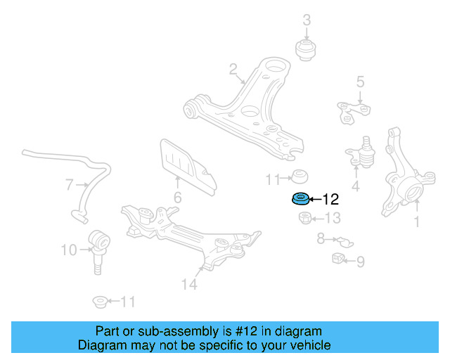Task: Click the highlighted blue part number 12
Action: click(300, 199)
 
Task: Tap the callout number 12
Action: click(330, 199)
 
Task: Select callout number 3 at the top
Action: click(307, 20)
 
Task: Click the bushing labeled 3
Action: click(307, 50)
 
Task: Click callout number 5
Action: click(360, 82)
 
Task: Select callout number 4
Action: click(356, 186)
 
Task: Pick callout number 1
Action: click(416, 222)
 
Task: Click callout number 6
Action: click(177, 198)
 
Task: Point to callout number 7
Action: click(69, 185)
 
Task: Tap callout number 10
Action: click(68, 249)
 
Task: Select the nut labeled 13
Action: click(302, 218)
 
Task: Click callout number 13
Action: click(332, 218)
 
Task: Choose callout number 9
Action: click(361, 262)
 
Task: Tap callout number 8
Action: click(321, 238)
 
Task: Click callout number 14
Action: click(188, 284)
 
